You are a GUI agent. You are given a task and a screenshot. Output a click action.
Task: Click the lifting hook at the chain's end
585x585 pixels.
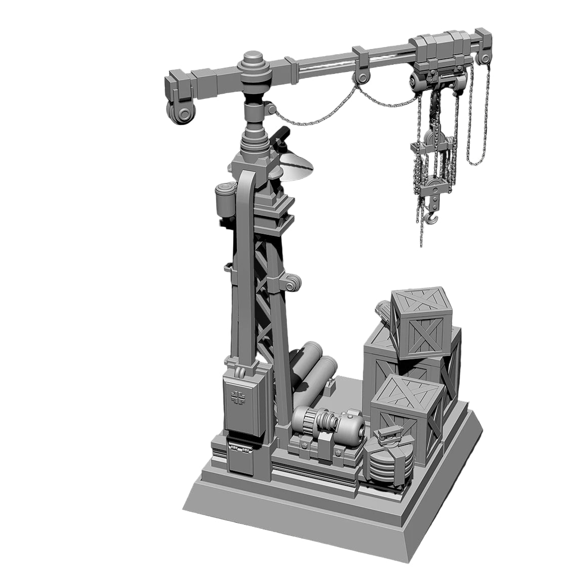pyautogui.click(x=431, y=219)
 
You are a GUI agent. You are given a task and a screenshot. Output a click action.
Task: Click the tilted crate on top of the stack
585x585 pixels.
pyautogui.click(x=421, y=320)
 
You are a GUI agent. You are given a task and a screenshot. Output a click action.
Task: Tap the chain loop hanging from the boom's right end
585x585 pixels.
pyautogui.click(x=478, y=116)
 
